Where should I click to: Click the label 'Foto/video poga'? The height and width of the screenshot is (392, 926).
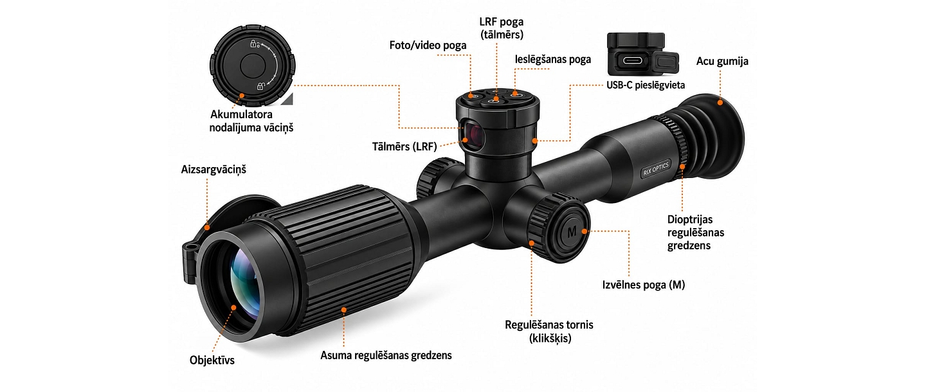[428, 45]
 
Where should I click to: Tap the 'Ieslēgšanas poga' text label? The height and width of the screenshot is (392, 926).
[553, 59]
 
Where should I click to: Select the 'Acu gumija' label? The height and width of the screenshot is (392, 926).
[722, 61]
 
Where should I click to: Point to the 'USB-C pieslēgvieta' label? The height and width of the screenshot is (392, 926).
[646, 85]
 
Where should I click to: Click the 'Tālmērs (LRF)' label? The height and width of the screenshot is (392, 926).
[404, 147]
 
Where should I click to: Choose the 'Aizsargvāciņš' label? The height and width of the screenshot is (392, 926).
[213, 170]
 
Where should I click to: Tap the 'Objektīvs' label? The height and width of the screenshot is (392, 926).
[212, 360]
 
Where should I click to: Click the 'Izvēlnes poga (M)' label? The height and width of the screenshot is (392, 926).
[643, 285]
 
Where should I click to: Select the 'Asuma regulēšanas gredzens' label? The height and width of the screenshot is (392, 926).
[386, 355]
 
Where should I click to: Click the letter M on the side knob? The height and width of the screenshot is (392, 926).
[572, 232]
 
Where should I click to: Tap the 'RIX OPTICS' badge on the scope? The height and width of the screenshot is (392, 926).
[656, 168]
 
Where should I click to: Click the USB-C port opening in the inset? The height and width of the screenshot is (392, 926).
[632, 60]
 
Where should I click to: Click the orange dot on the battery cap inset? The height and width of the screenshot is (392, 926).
[242, 95]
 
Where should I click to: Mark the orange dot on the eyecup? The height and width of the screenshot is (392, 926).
[720, 102]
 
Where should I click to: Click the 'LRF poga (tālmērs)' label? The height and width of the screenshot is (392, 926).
[502, 28]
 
